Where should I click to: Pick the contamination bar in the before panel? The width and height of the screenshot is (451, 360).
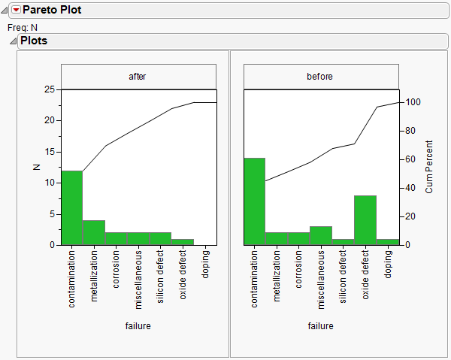(x=256, y=201)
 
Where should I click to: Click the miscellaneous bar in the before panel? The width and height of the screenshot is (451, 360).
(x=321, y=235)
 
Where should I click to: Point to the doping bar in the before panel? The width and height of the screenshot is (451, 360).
(x=388, y=242)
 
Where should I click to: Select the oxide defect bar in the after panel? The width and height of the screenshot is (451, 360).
(x=183, y=242)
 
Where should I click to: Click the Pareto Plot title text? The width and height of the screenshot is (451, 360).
(x=53, y=10)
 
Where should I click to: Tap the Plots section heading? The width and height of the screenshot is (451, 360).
(x=34, y=41)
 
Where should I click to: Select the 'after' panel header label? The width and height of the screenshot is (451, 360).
(x=138, y=77)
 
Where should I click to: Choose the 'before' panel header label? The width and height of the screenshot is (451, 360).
(x=321, y=77)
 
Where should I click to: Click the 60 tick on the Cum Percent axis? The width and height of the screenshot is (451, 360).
(x=408, y=159)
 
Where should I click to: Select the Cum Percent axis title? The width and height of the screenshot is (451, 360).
(x=429, y=167)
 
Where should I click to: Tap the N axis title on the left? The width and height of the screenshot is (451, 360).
(x=35, y=167)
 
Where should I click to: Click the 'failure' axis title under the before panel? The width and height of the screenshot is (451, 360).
(x=321, y=326)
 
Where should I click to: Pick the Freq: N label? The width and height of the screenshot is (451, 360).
(x=23, y=27)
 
